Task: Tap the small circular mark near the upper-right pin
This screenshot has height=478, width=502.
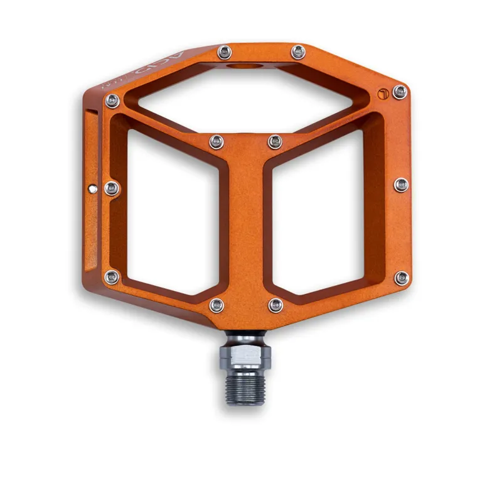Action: tap(383, 95)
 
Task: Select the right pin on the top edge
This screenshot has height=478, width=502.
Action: tap(298, 52)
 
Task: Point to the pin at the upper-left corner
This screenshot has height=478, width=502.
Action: tap(112, 100)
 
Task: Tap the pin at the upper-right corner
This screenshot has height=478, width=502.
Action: tap(399, 92)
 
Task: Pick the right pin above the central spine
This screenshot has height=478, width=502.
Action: tap(275, 141)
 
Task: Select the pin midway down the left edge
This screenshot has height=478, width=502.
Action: tap(112, 188)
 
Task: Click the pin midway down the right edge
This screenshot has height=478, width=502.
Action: tap(402, 185)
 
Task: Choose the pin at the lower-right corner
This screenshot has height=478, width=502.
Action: tap(401, 278)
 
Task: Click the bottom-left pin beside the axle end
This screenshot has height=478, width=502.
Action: tap(216, 305)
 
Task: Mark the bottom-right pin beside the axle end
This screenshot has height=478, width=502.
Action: tap(275, 305)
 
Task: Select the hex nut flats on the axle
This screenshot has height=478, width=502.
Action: tap(247, 358)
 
